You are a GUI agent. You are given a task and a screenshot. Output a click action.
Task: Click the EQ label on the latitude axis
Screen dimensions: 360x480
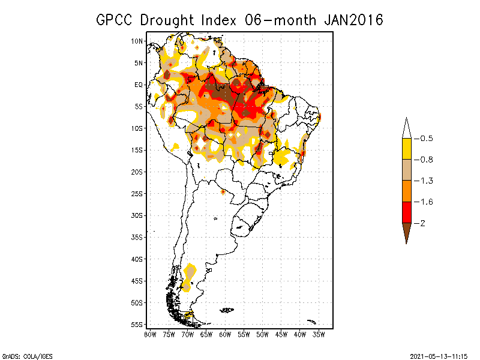click(x=138, y=85)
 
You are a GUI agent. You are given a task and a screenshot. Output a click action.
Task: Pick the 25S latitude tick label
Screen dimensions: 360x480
click(x=137, y=193)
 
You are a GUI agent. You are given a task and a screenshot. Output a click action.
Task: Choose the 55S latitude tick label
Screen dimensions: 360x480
click(x=137, y=324)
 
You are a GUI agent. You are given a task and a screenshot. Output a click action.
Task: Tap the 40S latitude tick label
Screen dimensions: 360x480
click(x=137, y=259)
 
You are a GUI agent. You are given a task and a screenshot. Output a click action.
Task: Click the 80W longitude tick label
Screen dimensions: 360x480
click(x=150, y=334)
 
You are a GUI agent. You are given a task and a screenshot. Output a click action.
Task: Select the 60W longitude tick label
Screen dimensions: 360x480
click(x=226, y=334)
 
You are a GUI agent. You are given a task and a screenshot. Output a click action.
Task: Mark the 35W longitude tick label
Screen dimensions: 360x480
click(x=320, y=334)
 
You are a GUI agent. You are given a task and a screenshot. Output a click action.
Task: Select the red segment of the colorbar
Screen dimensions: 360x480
click(x=406, y=212)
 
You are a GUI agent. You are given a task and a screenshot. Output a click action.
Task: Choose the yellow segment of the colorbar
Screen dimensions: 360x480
click(x=406, y=149)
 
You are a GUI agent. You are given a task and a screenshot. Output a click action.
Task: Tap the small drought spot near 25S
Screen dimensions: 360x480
click(x=223, y=192)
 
